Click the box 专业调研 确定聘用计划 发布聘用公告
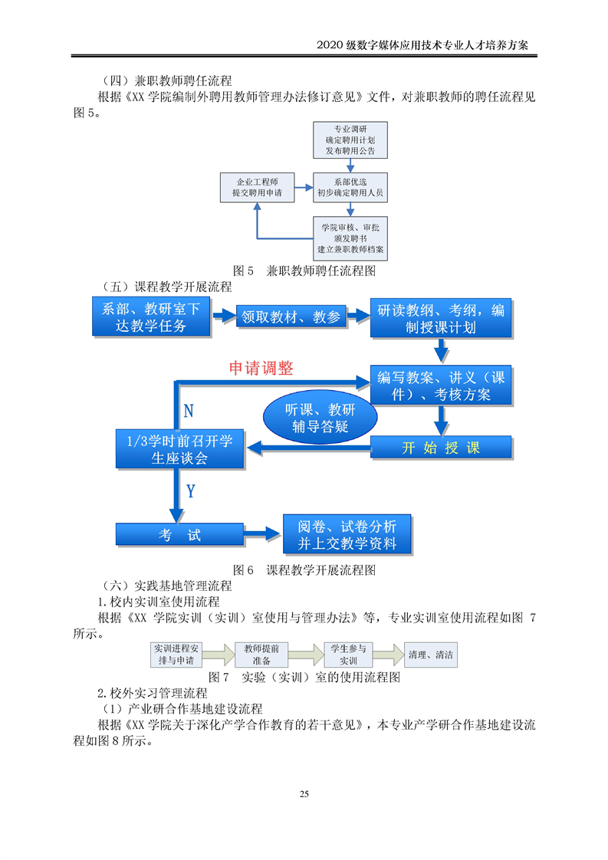point(350,140)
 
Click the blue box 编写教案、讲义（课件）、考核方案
point(441,386)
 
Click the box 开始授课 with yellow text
point(441,448)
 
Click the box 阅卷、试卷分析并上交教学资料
point(347,535)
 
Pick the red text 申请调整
point(261,368)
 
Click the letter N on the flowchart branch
point(189,411)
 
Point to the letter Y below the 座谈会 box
point(190,491)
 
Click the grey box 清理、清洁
point(431,655)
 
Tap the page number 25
point(304,793)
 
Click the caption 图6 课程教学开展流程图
point(304,570)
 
